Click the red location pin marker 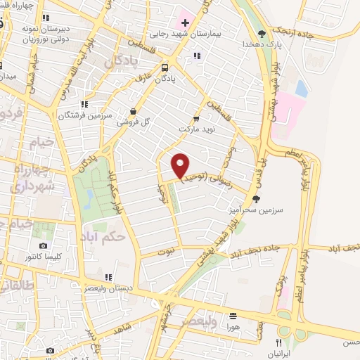pyautogui.click(x=181, y=165)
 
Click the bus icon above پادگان pyautogui.click(x=165, y=68)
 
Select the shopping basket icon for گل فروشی pyautogui.click(x=134, y=111)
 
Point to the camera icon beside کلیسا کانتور pyautogui.click(x=44, y=245)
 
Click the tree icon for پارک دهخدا pyautogui.click(x=262, y=32)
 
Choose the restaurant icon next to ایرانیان pyautogui.click(x=278, y=342)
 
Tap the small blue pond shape pyautogui.click(x=302, y=89)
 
